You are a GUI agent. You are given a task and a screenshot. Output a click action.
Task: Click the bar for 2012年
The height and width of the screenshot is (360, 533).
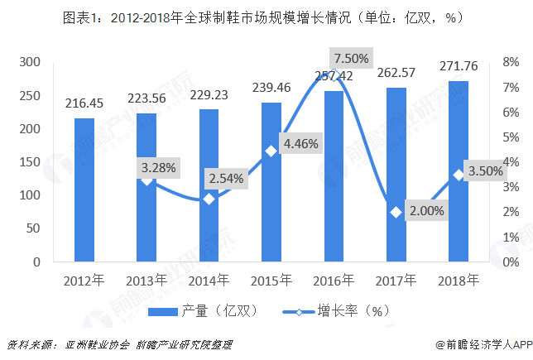click(x=84, y=190)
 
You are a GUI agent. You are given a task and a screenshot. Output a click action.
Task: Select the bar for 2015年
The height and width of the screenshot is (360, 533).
click(x=271, y=182)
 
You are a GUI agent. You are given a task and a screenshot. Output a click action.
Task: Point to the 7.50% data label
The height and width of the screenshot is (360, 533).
click(x=351, y=59)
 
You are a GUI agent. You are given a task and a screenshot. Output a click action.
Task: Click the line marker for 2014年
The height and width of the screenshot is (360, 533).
click(x=209, y=199)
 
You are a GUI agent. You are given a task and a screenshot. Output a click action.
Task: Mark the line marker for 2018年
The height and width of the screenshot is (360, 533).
click(x=459, y=175)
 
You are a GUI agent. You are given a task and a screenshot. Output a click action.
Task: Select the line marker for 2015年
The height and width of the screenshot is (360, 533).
click(x=271, y=151)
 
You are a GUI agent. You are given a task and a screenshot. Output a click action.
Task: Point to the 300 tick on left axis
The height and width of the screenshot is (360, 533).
click(x=31, y=62)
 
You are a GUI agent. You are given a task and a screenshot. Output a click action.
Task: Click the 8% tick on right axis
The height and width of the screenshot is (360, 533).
click(x=511, y=62)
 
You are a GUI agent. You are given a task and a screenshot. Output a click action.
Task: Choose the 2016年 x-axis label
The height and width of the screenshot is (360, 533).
click(x=334, y=281)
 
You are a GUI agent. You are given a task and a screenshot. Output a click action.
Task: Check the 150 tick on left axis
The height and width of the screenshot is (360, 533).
click(x=31, y=162)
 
